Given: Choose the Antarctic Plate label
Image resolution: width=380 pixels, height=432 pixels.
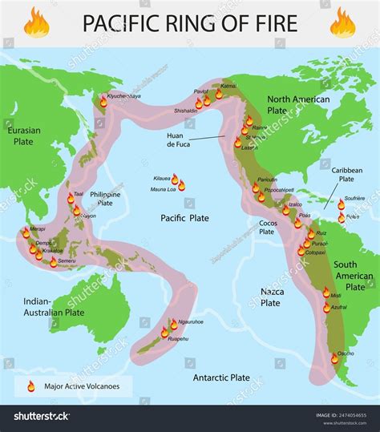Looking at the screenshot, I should pyautogui.click(x=221, y=376).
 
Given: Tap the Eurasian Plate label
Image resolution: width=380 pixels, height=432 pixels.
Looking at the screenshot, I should pyautogui.click(x=22, y=135).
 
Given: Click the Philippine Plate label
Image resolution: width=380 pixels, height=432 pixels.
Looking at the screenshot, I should pyautogui.click(x=105, y=199).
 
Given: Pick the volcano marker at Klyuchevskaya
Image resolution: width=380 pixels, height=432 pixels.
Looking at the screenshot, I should pyautogui.click(x=103, y=101).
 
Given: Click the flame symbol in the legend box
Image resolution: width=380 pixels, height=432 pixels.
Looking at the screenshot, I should pyautogui.click(x=30, y=386).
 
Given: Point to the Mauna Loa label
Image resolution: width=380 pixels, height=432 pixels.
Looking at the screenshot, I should pyautogui.click(x=164, y=189).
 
